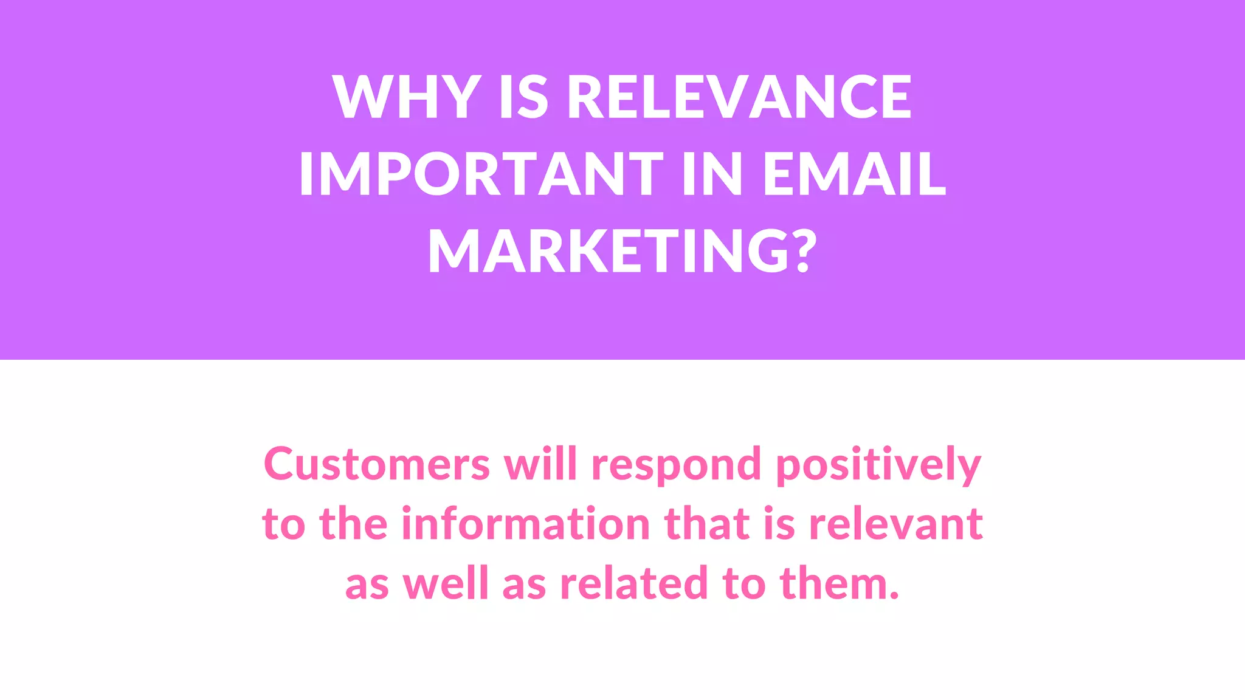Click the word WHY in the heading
point(407,97)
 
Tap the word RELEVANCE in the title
point(739,97)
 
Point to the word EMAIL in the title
point(854,174)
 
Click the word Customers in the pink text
point(377,464)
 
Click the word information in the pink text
point(526,523)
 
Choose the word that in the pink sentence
point(707,523)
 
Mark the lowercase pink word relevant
point(896,523)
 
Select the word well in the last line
point(446,583)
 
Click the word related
point(633,583)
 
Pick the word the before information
point(353,523)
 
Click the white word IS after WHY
point(523,97)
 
